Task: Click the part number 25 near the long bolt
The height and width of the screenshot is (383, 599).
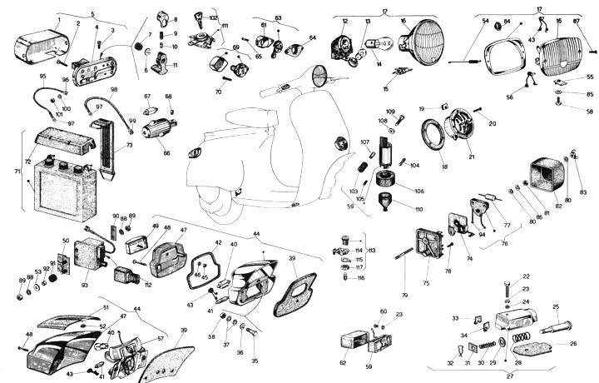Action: pos(556,306)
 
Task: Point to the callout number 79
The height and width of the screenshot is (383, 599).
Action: pos(406,294)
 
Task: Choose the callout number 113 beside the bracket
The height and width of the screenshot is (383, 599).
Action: pos(372,250)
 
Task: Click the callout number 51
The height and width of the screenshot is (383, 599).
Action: pos(106,307)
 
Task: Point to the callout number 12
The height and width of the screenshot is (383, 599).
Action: pos(345,21)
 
